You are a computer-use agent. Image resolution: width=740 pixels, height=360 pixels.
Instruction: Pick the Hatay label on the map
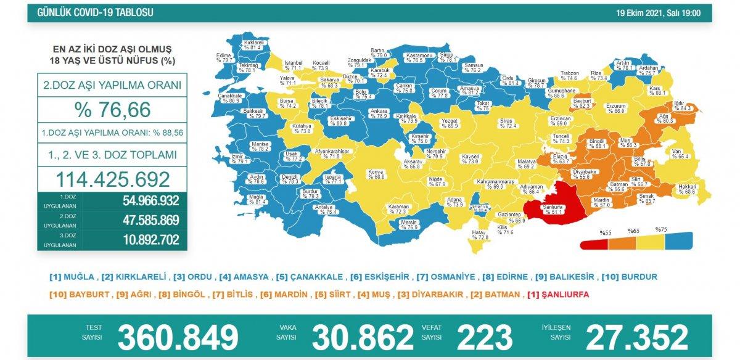tap(479, 232)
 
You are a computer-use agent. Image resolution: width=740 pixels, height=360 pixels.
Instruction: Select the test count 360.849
tap(178, 337)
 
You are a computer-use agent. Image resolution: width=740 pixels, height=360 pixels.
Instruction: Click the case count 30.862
tap(363, 337)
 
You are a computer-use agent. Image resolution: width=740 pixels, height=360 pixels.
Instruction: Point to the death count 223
tap(484, 337)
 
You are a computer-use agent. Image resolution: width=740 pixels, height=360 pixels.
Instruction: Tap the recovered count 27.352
tap(636, 337)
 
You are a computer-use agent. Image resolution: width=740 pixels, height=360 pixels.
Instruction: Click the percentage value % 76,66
tap(112, 109)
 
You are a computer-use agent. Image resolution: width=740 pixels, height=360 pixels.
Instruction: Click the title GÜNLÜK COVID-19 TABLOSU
tap(96, 13)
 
